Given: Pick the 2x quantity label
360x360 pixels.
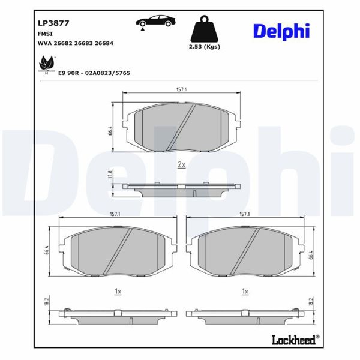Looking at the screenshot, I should (x=182, y=164).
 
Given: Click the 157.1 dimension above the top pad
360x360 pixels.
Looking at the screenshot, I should (x=181, y=89).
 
